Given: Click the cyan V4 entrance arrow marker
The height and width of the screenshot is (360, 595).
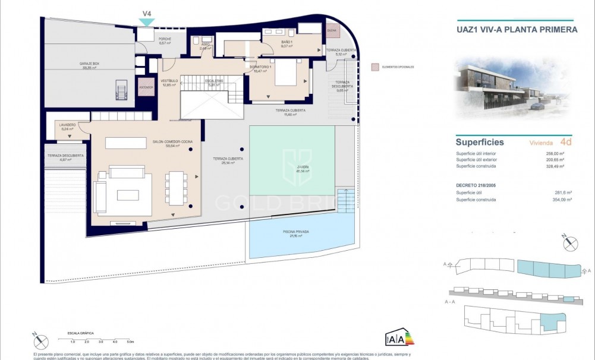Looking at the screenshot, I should pos(146,22).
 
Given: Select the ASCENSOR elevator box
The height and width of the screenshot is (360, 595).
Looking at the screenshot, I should pos(146,87).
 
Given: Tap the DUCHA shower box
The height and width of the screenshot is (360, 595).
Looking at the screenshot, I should pos(332,33).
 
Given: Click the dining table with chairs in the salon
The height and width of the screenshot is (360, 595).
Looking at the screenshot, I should pos(176,188).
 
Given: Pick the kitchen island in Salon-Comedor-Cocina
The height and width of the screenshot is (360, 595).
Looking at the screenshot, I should pos(125,143).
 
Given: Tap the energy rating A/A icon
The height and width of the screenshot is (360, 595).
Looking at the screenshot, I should pos(399,338).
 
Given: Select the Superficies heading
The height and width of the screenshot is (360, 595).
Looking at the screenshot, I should pos(480,142).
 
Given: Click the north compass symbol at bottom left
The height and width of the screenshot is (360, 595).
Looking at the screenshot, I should pos(40,342).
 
